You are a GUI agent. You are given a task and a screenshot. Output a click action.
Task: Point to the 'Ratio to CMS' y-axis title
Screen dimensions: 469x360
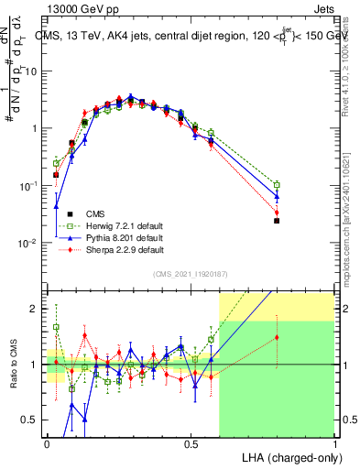tap(11, 365)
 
